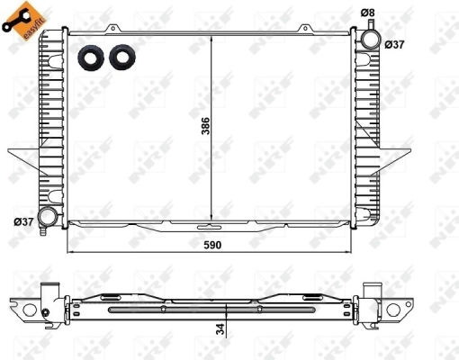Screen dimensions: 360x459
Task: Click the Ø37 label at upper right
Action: (x=395, y=43)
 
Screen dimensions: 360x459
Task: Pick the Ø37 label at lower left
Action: (x=23, y=222)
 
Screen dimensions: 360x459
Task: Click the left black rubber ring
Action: (x=90, y=57)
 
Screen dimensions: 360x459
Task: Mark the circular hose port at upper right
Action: (x=371, y=40)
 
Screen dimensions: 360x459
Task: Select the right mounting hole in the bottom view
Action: (x=395, y=311)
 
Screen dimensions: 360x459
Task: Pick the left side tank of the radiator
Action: (x=50, y=126)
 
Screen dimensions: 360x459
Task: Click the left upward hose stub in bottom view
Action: (x=51, y=292)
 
